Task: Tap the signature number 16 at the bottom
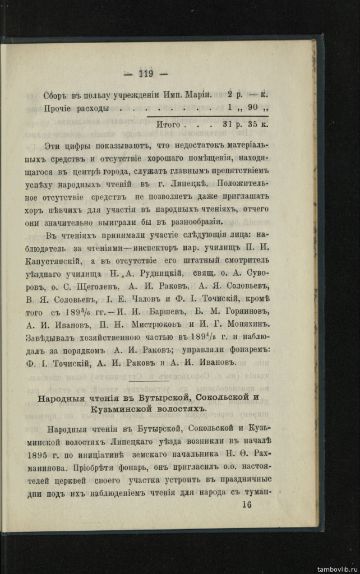click(247, 504)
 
